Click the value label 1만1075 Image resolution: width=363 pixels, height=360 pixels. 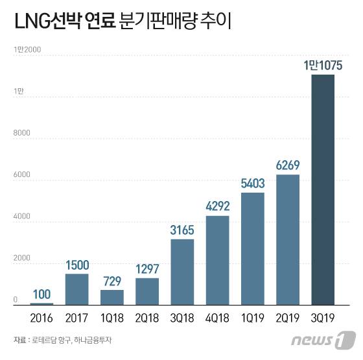point(323,66)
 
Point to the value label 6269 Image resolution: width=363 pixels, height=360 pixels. point(287,165)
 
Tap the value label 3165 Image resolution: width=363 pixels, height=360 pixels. point(182,230)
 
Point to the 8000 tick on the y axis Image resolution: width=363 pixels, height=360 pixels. point(21,133)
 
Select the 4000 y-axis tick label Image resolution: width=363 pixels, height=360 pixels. point(21,217)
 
